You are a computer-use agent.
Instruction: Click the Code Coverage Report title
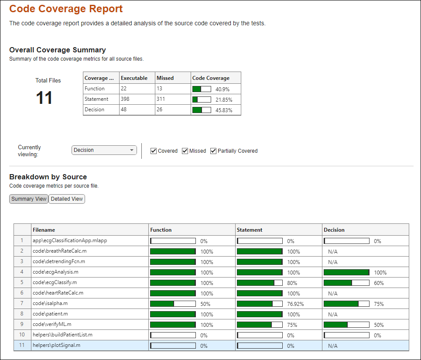[66, 9]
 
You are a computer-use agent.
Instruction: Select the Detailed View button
[67, 199]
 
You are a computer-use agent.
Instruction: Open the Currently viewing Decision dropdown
[104, 150]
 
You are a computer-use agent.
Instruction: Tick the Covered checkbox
[154, 151]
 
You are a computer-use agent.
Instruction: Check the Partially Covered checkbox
[213, 151]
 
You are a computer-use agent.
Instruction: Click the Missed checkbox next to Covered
[185, 151]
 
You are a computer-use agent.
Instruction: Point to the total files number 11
[44, 98]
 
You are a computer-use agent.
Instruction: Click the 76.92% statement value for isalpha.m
[295, 304]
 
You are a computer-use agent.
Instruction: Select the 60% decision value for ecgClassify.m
[379, 283]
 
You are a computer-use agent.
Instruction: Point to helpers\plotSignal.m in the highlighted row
[56, 346]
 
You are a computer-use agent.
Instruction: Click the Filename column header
[44, 230]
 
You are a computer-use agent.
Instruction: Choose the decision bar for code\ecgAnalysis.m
[346, 272]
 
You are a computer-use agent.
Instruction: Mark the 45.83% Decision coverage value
[224, 110]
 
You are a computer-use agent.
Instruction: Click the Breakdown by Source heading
[48, 177]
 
